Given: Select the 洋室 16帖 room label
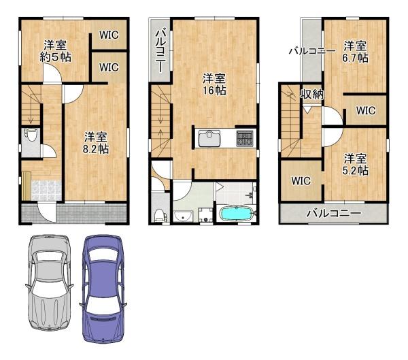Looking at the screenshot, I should (x=214, y=84).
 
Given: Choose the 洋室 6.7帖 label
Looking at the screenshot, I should (x=355, y=52).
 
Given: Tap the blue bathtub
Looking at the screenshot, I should (x=237, y=214).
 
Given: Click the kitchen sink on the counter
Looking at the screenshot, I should (x=208, y=139).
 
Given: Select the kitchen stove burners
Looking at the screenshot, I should (x=245, y=139).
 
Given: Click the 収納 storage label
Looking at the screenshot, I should (x=312, y=94).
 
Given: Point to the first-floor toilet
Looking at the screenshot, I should (x=29, y=134).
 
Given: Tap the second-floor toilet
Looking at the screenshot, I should (x=159, y=215).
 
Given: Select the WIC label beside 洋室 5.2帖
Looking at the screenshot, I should (x=301, y=181).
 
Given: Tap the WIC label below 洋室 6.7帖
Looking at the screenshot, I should (x=365, y=109).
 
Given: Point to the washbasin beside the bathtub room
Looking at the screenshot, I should (x=182, y=216).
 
